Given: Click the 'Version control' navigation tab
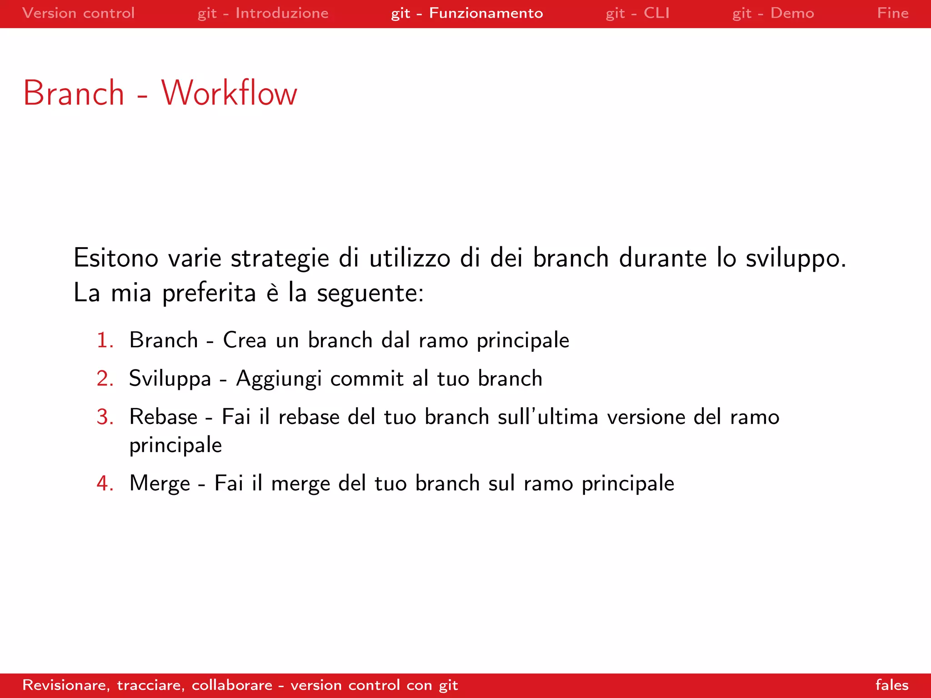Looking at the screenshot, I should (78, 13).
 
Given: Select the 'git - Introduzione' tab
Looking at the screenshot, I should (263, 13).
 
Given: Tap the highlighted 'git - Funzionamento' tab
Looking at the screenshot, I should (467, 13).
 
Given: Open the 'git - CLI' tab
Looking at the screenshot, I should (637, 13).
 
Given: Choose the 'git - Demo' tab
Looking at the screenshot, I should (773, 13).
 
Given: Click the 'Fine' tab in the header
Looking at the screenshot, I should (892, 13).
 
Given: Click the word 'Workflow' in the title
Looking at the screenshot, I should (229, 93).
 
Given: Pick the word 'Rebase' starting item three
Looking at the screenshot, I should (163, 417).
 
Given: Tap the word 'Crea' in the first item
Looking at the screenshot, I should (245, 340).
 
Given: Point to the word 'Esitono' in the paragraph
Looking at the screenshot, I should (116, 258).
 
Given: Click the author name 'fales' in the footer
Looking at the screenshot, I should (892, 685).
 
